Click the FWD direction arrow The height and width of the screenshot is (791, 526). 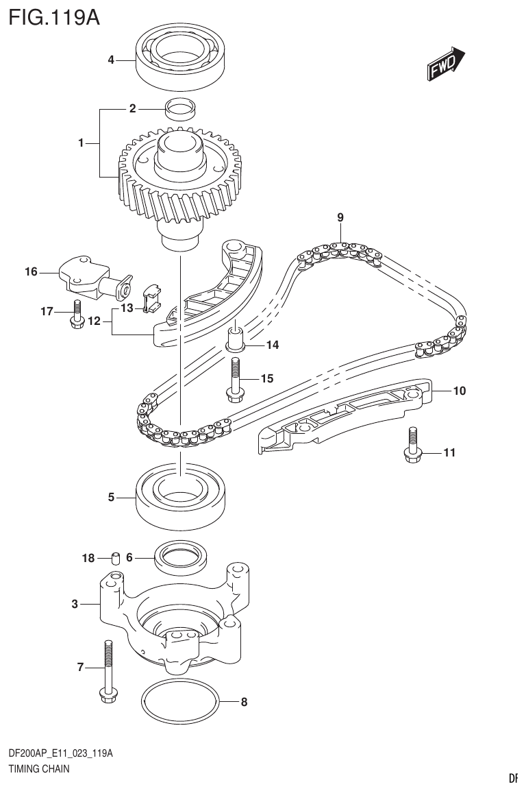pos(446,64)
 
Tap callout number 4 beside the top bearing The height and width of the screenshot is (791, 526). pos(111,60)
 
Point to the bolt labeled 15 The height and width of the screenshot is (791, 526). pos(234,379)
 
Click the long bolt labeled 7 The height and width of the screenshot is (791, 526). pos(108,671)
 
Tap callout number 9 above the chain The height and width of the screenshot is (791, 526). pos(340,217)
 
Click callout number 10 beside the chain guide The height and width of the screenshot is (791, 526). pos(458,391)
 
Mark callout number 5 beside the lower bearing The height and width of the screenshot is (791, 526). pos(111,498)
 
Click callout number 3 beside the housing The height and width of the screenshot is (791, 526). pos(75,604)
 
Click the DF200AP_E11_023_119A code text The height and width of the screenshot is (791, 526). pos(60,754)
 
